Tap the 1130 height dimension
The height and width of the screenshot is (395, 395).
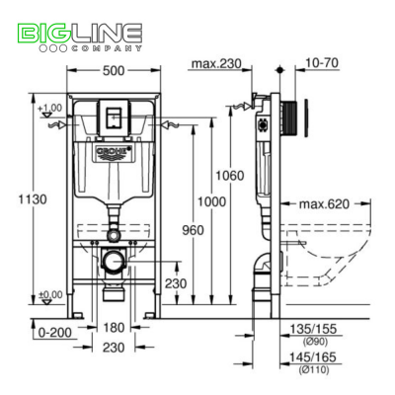[x=21, y=200]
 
